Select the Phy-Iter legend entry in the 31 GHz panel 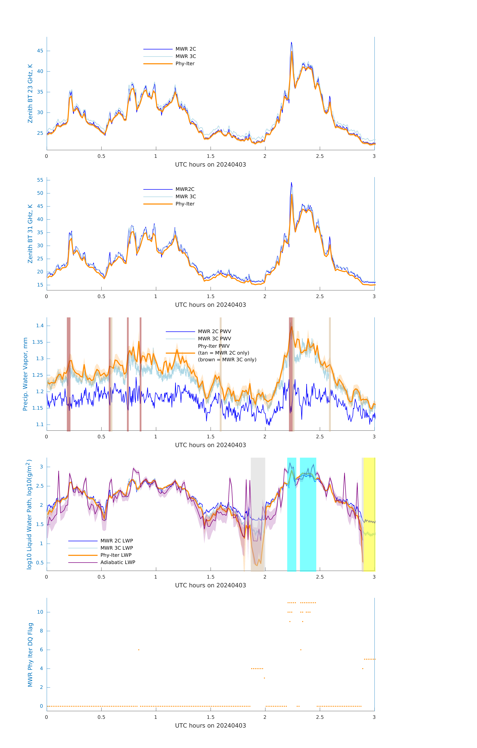click(185, 204)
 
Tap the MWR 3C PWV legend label click(214, 339)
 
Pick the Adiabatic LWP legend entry click(117, 562)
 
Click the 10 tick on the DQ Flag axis click(40, 612)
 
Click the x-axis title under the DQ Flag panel click(210, 726)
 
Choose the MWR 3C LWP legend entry click(116, 548)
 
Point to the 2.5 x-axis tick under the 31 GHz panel click(320, 296)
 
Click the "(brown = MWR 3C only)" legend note click(227, 360)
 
